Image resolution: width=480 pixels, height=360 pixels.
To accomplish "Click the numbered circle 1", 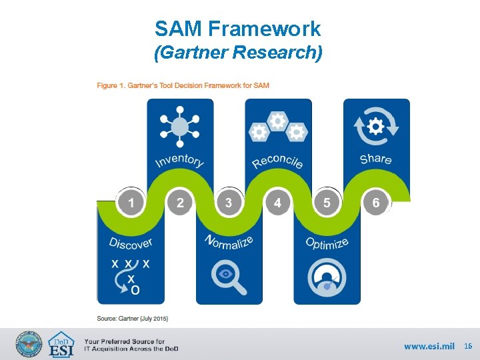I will pos(131,202).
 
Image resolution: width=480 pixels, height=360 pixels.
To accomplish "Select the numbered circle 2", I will pos(180,202).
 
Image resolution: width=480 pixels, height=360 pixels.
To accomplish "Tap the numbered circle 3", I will pos(229,202).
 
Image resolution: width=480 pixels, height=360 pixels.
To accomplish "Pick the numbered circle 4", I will pos(277,202).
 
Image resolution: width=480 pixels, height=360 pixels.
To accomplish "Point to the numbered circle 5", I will pos(327,202).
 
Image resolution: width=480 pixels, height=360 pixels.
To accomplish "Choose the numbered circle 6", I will pos(376,202).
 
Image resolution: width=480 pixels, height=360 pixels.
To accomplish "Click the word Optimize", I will pos(327,243).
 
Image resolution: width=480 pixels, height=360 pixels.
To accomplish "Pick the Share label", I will pos(376,159).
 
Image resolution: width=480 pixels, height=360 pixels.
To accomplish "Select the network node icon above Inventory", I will pos(179,128).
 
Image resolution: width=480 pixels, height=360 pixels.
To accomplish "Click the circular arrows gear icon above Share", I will pos(376,127).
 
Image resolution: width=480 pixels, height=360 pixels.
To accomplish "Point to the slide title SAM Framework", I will pos(238,29).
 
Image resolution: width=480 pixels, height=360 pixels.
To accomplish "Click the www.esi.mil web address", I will pos(429,346).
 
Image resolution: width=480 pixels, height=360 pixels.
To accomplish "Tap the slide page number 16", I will pos(468,346).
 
